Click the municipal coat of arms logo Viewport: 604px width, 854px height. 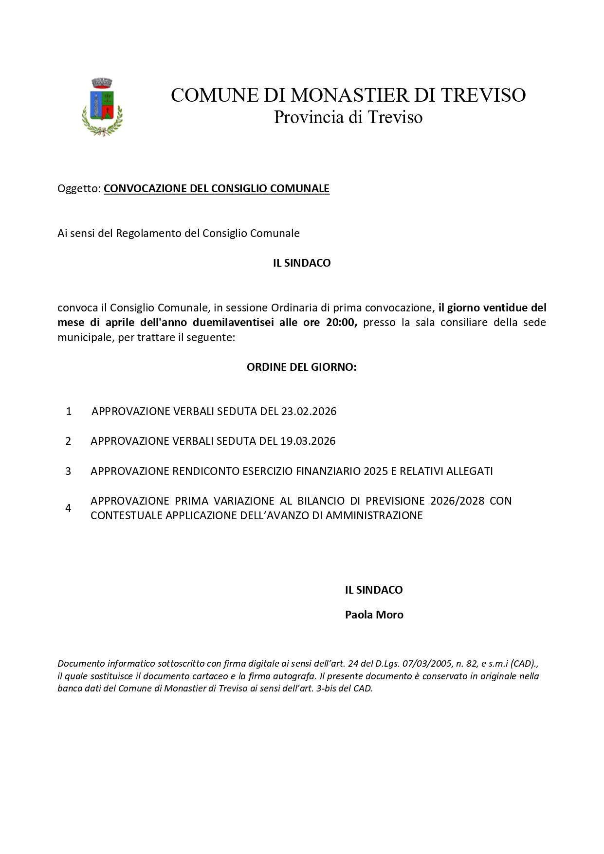pyautogui.click(x=102, y=107)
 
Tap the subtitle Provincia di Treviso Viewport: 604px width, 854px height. pyautogui.click(x=348, y=117)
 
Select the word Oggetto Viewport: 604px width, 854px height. pyautogui.click(x=79, y=189)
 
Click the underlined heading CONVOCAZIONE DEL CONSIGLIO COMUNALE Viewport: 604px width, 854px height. pyautogui.click(x=217, y=189)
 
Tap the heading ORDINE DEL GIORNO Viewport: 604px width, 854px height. pyautogui.click(x=301, y=367)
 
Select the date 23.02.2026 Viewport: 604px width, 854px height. pyautogui.click(x=309, y=412)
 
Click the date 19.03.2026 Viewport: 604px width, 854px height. pyautogui.click(x=308, y=441)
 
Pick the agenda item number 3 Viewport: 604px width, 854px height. pyautogui.click(x=68, y=471)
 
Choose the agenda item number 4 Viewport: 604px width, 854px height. pyautogui.click(x=68, y=508)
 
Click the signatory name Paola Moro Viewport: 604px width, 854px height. pyautogui.click(x=374, y=615)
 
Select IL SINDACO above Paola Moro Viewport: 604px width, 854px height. pyautogui.click(x=374, y=590)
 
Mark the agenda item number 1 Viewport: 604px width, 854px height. pyautogui.click(x=69, y=412)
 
